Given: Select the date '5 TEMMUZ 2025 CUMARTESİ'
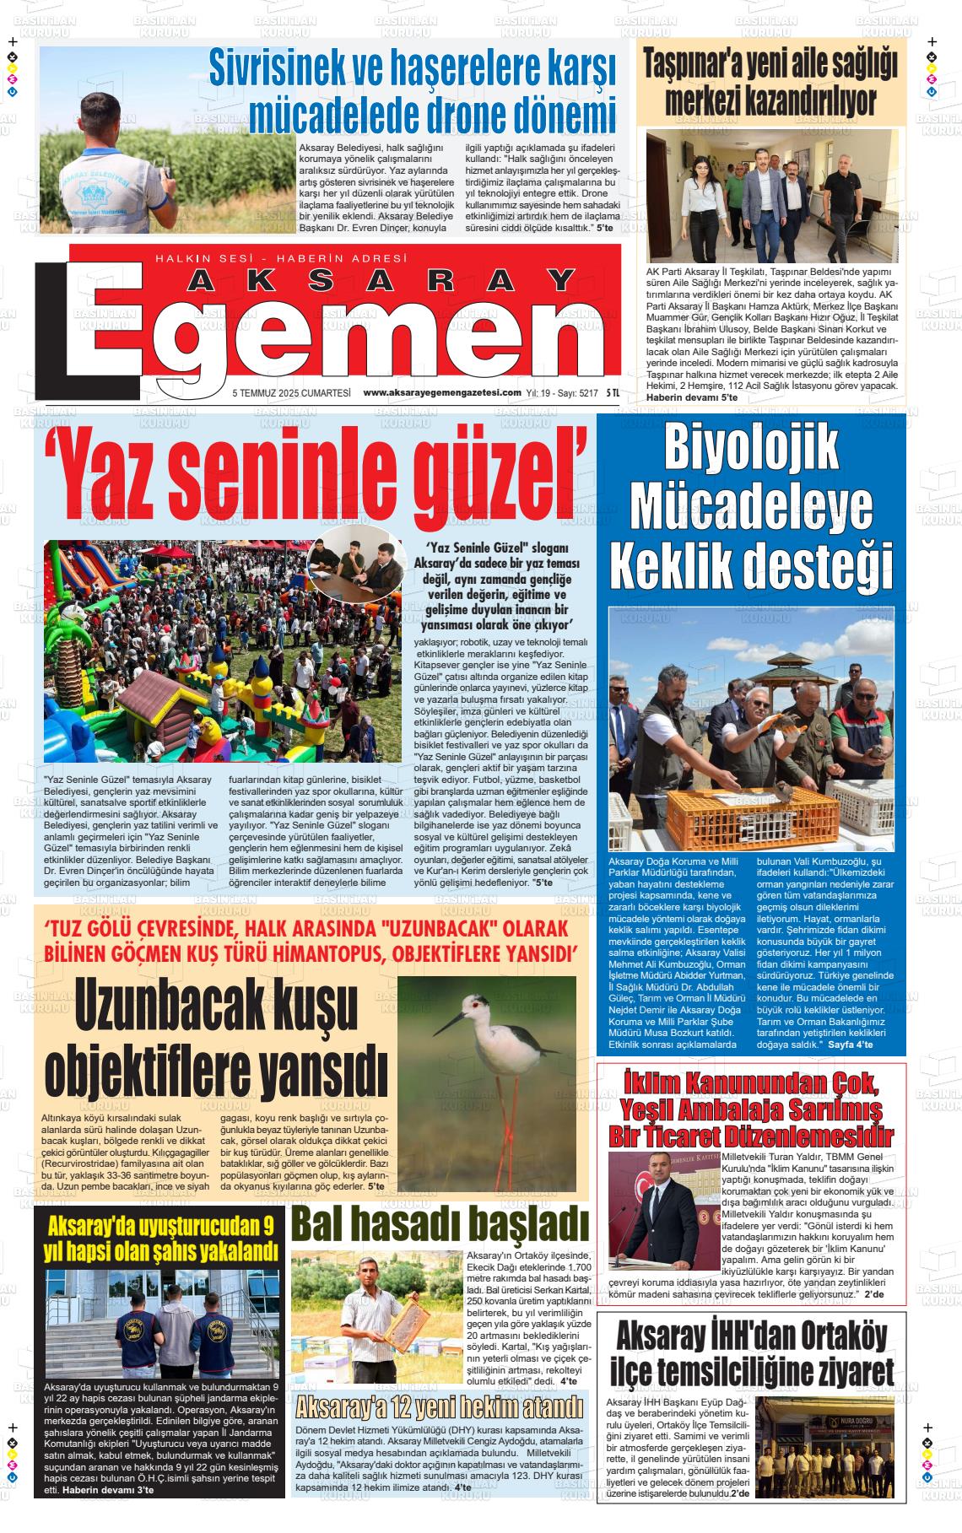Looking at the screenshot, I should [291, 392].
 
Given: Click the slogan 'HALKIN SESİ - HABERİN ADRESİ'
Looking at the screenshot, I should [281, 258].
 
